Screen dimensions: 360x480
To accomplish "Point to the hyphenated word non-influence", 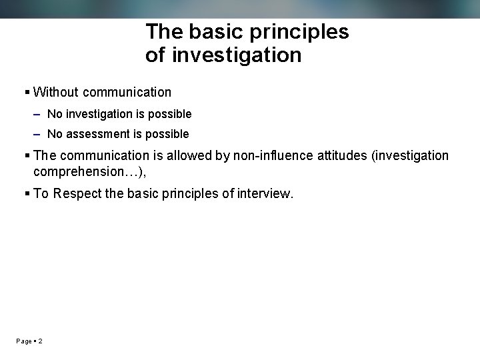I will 269,156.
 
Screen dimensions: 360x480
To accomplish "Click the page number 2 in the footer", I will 41,341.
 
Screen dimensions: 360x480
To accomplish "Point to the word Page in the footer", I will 24,341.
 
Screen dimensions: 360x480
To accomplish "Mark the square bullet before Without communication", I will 27,93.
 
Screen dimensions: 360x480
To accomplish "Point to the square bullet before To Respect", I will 27,194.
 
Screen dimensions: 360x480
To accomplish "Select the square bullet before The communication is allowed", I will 27,156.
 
